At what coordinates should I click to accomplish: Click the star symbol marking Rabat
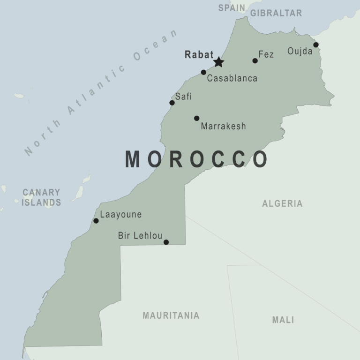coord(218,62)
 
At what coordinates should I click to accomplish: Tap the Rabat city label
coord(199,54)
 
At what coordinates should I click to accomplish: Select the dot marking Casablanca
coord(203,72)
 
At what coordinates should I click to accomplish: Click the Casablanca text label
coord(232,78)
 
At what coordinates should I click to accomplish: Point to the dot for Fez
coord(255,60)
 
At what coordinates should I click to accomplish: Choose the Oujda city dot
coord(316,45)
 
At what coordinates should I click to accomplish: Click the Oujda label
coord(300,51)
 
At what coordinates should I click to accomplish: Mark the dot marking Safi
coord(172,103)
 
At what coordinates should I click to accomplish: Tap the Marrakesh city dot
coord(196,118)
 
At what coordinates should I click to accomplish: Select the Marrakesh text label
coord(223,126)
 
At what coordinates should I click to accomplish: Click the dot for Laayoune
coord(96,221)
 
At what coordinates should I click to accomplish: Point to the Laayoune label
coord(120,215)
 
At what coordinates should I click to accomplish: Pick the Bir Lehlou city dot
coord(166,242)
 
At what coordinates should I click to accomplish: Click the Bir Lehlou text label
coord(140,236)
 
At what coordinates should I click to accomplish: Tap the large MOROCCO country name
coord(196,159)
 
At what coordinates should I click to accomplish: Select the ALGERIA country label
coord(282,203)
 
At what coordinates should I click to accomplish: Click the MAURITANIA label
coord(171,315)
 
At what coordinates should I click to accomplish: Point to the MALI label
coord(283,320)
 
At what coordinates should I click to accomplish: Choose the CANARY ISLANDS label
coord(42,197)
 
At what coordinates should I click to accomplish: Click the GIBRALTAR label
coord(276,13)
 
